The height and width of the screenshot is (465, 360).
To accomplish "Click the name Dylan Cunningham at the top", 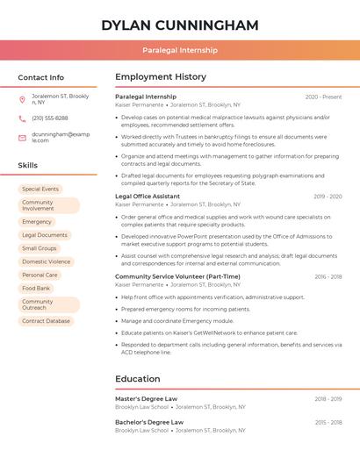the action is coord(179,25).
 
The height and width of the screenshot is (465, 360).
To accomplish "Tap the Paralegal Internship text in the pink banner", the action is coord(180,50).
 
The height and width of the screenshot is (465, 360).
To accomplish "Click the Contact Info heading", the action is coord(40,77).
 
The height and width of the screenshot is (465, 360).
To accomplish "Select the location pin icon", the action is coord(22,98).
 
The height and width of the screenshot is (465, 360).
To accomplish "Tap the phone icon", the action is coord(22,118).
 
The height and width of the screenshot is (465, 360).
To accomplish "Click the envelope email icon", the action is coord(22,137).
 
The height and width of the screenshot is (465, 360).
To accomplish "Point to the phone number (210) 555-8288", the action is coord(49,118).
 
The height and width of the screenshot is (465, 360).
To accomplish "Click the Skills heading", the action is coord(27,165).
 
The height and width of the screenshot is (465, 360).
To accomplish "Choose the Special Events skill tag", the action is coord(40,189).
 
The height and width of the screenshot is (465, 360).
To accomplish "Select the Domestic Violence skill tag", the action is coord(47,261).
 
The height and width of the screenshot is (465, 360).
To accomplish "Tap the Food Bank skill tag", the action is coord(36,288).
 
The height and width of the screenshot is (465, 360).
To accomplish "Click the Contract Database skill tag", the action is coord(46,321).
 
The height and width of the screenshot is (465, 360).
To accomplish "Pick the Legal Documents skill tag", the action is coord(45,235).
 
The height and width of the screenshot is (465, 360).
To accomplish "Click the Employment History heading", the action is coord(161,77).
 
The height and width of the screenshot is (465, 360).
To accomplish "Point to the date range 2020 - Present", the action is coord(323,97).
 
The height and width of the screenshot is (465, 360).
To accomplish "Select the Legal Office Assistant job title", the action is coord(148,197).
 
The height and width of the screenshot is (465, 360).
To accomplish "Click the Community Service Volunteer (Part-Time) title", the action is coord(177,276).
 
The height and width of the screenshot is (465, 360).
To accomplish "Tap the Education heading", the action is coord(138,379).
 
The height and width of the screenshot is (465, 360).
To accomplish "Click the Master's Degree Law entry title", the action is coord(146,398).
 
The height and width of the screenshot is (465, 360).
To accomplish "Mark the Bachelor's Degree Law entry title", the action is coord(149,422).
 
